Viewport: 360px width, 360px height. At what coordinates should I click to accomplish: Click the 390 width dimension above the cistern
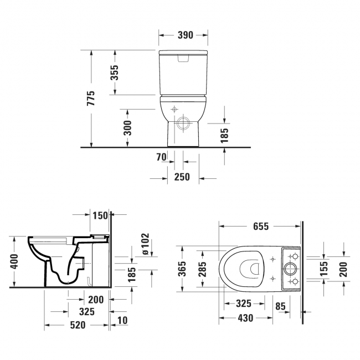coord(185,35)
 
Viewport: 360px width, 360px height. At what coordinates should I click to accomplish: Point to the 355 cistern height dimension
coord(115,72)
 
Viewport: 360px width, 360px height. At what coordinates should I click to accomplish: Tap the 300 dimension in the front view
coord(127,127)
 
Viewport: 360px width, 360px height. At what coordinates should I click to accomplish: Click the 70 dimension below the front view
coord(161,158)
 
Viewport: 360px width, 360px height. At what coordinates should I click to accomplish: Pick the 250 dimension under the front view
coord(182,177)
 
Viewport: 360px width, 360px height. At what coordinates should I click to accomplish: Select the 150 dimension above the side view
coord(100,214)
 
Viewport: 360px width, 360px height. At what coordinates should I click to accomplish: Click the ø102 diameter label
coord(145,244)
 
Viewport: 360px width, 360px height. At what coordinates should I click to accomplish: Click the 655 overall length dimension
coord(260,226)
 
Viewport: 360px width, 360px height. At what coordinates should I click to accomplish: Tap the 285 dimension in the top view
coord(203,269)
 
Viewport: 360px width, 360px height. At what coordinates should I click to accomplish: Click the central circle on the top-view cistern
coord(290,270)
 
